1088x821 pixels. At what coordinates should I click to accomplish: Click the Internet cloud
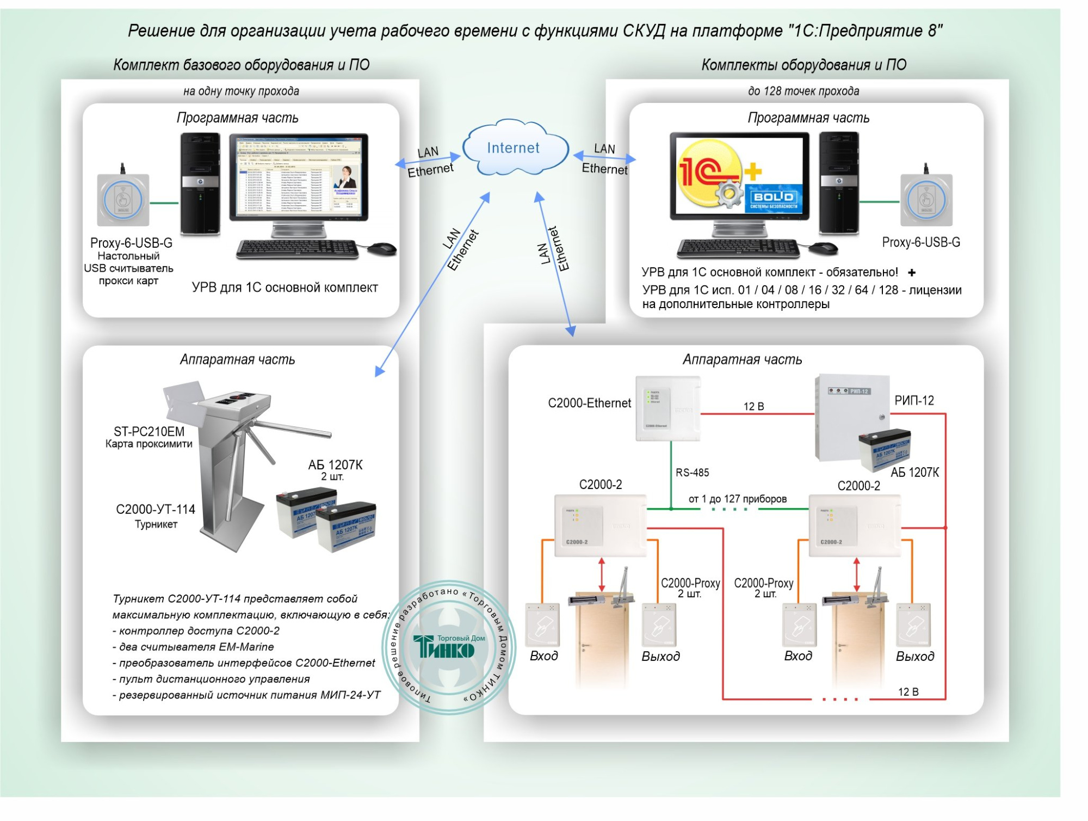pos(514,148)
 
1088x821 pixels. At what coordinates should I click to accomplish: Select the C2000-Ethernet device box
pos(668,408)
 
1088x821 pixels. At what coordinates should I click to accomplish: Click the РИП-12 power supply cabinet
pos(851,416)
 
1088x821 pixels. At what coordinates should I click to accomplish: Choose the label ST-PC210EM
pos(149,432)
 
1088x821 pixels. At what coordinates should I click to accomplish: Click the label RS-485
pos(692,473)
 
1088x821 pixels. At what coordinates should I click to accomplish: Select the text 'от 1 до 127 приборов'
pos(737,499)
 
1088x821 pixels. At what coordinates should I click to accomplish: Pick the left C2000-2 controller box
pos(600,525)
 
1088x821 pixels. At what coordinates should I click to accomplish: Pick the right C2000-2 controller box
pos(854,525)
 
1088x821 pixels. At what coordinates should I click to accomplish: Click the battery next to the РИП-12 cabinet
pos(884,449)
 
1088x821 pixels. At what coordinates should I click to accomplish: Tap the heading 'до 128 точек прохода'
pos(803,91)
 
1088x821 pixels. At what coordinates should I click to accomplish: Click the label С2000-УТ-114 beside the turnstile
pos(156,509)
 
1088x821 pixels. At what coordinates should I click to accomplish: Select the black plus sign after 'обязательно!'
pos(912,272)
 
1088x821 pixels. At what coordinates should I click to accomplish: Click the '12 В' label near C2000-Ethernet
pos(753,406)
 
